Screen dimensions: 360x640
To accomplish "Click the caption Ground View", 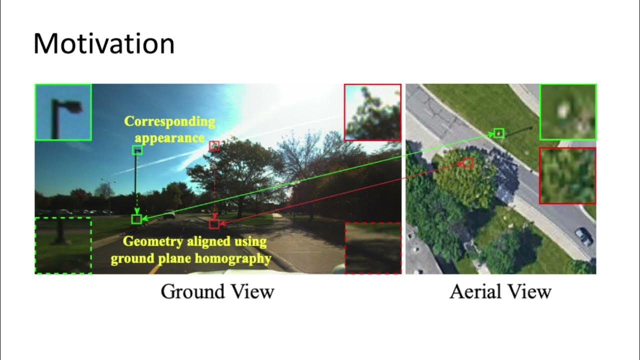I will (217, 291).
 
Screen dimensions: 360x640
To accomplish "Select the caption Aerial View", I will (500, 291).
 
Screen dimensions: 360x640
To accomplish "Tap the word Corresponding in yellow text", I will (169, 121).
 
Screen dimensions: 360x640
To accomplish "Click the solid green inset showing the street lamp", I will (63, 112).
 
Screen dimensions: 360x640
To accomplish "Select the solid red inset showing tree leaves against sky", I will (372, 112).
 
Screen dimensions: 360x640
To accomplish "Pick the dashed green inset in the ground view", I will (63, 245).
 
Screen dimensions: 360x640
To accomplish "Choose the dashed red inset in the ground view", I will (373, 248).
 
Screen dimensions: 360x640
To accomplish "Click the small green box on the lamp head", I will (137, 150).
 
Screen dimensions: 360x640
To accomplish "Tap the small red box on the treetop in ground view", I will (214, 146).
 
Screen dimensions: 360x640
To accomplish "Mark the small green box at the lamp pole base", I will (136, 219).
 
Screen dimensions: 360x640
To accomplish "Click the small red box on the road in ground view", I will (214, 224).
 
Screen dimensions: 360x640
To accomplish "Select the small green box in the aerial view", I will (499, 133).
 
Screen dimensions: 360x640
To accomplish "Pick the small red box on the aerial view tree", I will (468, 163).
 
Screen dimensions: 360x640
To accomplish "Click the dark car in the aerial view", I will (584, 236).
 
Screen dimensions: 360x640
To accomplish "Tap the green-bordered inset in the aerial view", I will (567, 112).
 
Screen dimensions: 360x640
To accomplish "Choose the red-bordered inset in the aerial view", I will (567, 175).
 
